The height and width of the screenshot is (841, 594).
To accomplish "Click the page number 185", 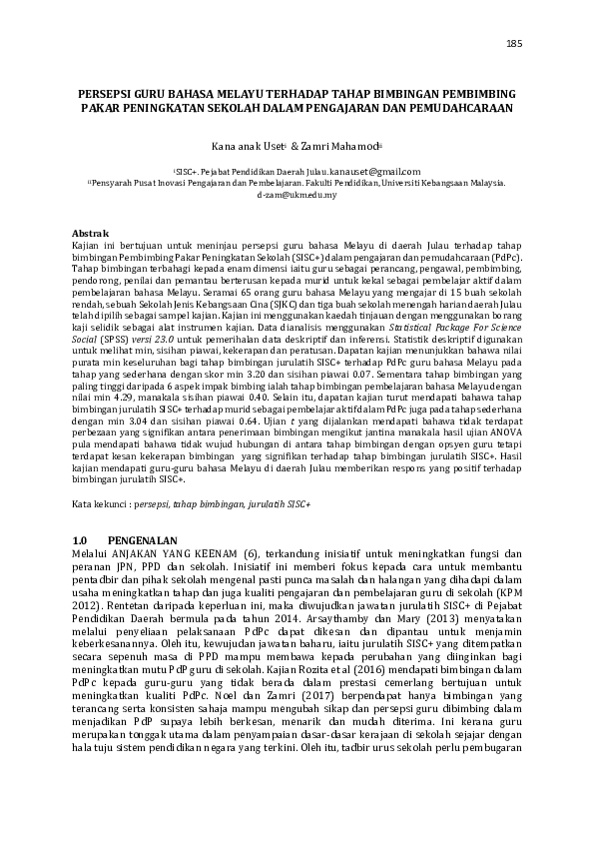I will pos(515,44).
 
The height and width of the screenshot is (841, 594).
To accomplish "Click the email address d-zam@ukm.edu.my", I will pos(297,195).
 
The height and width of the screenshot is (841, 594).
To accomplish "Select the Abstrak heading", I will pos(93,232).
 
